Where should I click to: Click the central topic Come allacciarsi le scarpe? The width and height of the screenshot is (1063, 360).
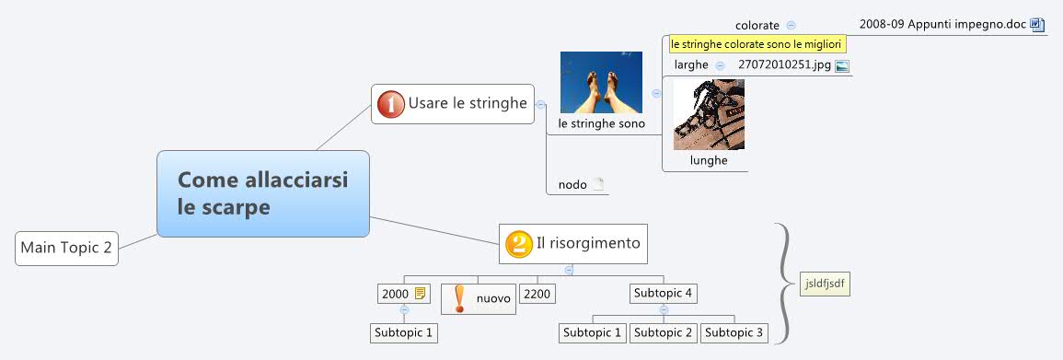coord(262,193)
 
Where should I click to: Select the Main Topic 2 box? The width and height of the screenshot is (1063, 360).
coord(67,248)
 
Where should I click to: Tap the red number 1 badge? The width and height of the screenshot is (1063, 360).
coord(391,104)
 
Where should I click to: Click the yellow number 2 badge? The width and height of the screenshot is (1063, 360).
coord(518,244)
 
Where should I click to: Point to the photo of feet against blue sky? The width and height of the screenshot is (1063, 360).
coord(601,82)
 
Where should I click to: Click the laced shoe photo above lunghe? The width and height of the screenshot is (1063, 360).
coord(709,114)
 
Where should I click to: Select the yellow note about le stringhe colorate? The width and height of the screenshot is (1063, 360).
coord(757,43)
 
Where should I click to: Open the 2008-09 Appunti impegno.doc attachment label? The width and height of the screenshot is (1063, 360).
coord(942,24)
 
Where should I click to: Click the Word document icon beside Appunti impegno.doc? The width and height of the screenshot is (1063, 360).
coord(1037,24)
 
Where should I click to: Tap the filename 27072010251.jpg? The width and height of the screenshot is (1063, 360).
coord(784,64)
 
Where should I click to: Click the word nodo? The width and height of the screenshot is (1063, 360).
coord(572,185)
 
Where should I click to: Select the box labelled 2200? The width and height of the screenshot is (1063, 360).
coord(537,294)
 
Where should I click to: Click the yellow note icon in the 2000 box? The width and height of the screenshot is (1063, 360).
coord(421,294)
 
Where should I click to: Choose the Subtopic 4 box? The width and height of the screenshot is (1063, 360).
coord(663,294)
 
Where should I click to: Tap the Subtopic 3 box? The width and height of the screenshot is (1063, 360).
coord(734,332)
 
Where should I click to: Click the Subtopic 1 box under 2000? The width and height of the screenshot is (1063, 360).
coord(403,332)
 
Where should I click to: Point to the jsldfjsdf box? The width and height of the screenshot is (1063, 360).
coord(825,284)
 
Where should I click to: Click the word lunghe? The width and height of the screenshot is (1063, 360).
coord(709,160)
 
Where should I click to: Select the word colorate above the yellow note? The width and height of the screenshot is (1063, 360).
coord(757,25)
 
